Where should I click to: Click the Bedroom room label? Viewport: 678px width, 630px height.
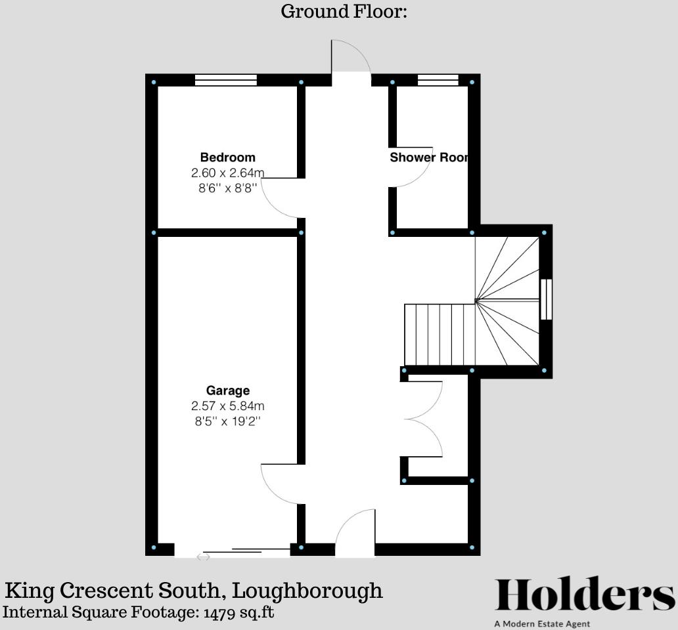[227, 157]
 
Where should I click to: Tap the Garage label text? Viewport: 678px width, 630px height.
[228, 390]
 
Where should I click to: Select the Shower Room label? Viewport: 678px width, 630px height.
[429, 157]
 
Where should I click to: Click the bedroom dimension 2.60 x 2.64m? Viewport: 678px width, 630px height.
[227, 173]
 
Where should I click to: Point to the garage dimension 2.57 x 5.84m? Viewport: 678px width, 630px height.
[228, 406]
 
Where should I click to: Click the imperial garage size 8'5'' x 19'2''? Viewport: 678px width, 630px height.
[228, 421]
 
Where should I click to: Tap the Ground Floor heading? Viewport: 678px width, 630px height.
[344, 11]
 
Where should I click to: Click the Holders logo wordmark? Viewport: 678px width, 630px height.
[585, 595]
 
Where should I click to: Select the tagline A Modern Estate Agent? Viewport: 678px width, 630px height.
[542, 623]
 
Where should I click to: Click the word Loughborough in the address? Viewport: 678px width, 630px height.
[307, 591]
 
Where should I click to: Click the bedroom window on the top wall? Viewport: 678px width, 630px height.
[226, 80]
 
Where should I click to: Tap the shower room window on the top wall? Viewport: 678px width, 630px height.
[438, 80]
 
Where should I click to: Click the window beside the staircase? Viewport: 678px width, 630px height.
[547, 299]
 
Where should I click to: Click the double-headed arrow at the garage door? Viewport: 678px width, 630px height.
[203, 557]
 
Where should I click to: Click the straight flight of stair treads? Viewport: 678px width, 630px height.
[440, 335]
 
